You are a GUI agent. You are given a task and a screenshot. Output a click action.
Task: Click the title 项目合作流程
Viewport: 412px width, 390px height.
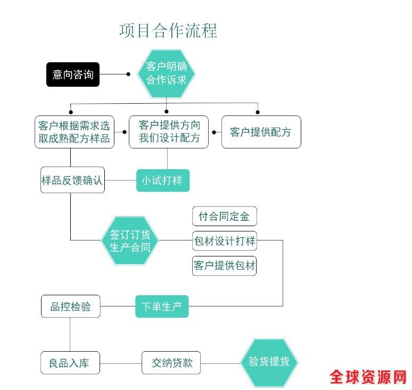[x=168, y=30]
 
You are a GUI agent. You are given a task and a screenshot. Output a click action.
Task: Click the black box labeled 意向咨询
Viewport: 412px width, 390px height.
[x=72, y=74]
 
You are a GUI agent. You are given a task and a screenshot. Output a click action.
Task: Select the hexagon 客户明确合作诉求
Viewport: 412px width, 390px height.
[x=167, y=73]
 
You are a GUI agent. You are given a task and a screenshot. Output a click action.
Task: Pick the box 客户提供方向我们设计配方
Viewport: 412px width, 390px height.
[x=169, y=132]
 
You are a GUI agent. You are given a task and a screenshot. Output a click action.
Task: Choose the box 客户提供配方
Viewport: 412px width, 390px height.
[x=261, y=132]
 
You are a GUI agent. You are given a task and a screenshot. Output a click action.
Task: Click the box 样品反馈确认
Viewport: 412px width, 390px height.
[x=72, y=180]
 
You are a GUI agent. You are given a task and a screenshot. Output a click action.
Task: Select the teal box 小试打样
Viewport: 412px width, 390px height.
[x=162, y=180]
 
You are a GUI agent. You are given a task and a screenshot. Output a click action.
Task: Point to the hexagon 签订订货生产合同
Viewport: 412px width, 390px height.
[x=130, y=240]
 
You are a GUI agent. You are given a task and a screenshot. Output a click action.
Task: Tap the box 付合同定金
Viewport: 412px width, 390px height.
[x=224, y=217]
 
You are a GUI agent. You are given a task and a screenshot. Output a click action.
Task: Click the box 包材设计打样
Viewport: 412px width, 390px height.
[x=224, y=241]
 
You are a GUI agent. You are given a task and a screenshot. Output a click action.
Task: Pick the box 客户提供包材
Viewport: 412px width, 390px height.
[x=224, y=265]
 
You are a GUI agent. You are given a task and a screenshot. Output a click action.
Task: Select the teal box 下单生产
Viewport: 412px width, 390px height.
[x=162, y=306]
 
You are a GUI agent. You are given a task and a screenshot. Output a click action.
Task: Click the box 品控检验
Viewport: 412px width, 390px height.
[x=71, y=306]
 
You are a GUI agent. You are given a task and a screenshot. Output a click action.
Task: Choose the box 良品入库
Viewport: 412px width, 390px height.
[x=70, y=363]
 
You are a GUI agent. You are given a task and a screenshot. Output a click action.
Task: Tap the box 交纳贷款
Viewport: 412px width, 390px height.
[x=171, y=363]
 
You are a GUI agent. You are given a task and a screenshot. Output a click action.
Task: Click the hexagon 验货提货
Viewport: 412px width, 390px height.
[x=269, y=362]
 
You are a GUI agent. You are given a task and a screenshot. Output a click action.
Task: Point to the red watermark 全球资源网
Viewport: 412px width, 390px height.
[x=368, y=377]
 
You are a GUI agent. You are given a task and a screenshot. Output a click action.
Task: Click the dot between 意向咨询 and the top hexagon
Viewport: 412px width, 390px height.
[x=128, y=74]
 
